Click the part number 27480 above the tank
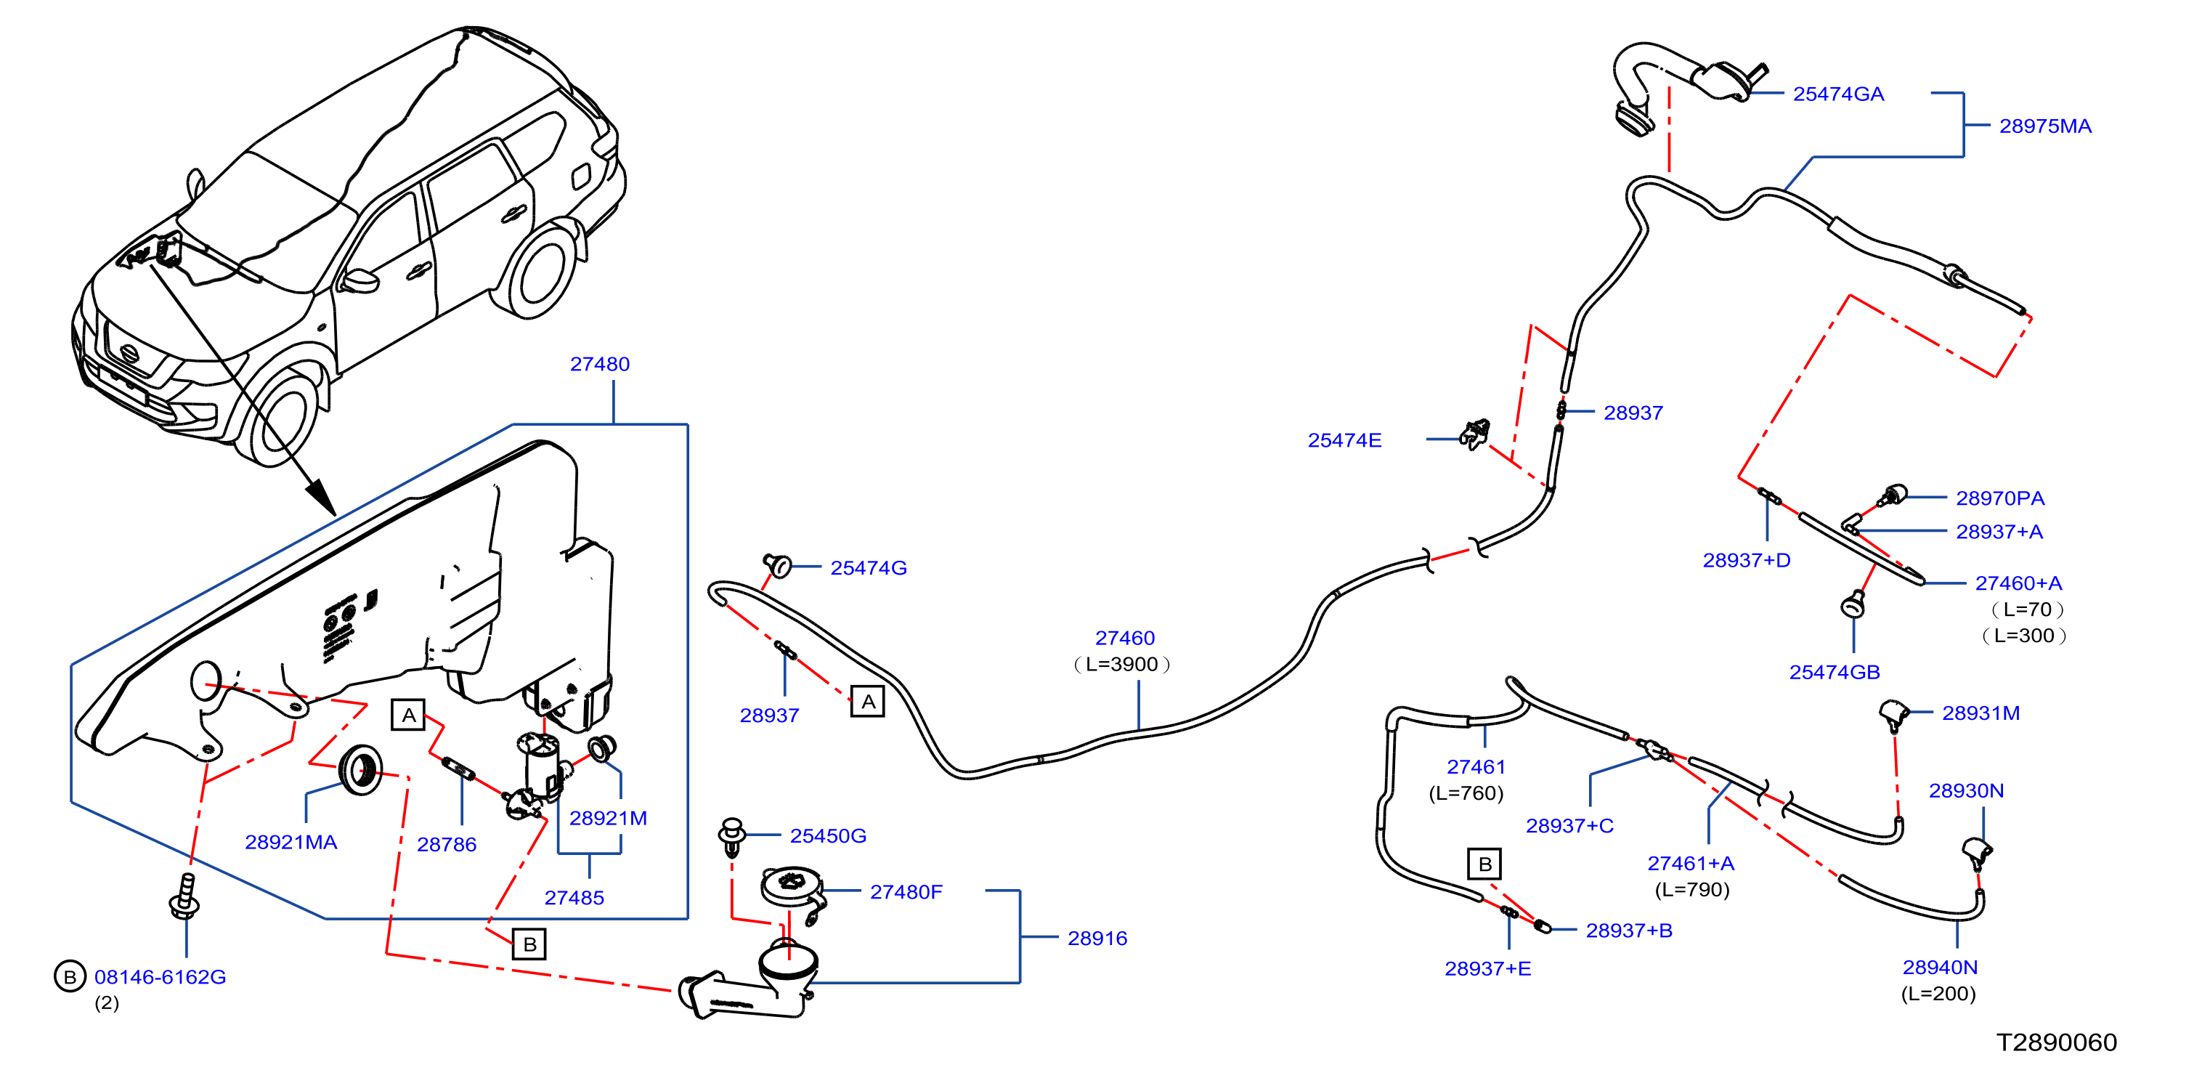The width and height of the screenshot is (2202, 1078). coord(599,363)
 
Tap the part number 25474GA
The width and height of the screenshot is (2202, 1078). coord(1838,93)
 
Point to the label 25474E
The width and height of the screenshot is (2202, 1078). coord(1344,439)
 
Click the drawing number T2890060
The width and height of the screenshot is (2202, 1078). coord(2056,1042)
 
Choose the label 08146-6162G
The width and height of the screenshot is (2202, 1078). coord(160,976)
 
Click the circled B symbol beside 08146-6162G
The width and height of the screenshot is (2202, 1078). coord(70,976)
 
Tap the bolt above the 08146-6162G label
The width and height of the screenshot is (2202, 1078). coord(185,895)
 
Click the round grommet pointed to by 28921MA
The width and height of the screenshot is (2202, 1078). coord(360,769)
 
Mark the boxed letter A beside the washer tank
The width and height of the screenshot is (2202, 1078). coord(409,715)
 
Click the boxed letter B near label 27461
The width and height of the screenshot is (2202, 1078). coord(1484,864)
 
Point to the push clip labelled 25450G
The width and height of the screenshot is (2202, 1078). coord(732,836)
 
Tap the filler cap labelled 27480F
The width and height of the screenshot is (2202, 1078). coord(792,888)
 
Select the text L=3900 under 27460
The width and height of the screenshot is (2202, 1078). coord(1121,663)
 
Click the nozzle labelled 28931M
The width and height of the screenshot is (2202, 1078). coord(1894,715)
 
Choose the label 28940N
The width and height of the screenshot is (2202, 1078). coord(1940,967)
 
